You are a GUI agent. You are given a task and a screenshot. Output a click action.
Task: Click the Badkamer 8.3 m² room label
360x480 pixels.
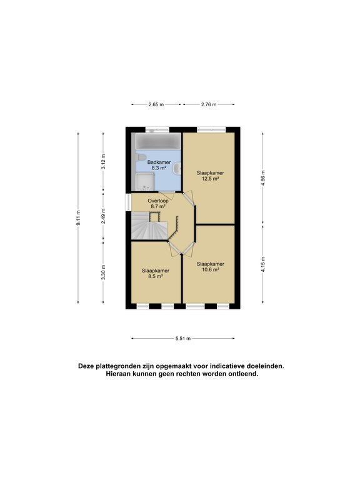point(159,165)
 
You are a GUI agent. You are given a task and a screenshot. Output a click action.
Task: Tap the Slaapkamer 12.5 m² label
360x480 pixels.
point(210,176)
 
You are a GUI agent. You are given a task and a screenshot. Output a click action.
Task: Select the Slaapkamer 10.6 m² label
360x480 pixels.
point(209,267)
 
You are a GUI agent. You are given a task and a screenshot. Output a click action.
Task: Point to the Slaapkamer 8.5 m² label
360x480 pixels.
point(152,273)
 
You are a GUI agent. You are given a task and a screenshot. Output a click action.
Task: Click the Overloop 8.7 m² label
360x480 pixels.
point(157,203)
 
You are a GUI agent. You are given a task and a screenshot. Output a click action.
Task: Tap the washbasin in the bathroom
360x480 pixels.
point(177,167)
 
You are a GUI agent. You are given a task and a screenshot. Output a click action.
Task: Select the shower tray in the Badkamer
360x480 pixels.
point(144,182)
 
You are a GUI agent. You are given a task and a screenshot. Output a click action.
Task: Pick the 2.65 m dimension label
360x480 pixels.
point(156,104)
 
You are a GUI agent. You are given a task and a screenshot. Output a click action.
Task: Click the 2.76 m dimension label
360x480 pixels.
point(209,104)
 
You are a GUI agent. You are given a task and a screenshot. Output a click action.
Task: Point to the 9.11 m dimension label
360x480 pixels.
point(79,219)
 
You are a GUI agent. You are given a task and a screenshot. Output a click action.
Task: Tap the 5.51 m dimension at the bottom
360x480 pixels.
point(182,338)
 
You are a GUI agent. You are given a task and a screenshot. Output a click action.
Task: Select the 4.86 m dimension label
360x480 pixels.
point(263,177)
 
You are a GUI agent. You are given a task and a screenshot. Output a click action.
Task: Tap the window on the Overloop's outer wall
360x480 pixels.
point(127,202)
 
